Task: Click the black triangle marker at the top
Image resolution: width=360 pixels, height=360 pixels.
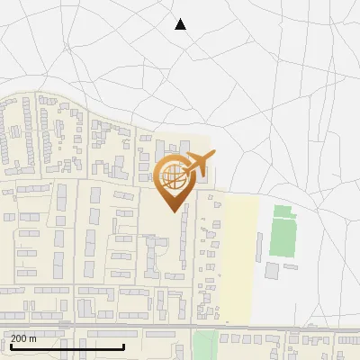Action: click(x=180, y=24)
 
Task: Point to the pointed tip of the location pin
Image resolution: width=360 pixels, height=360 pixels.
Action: click(x=172, y=211)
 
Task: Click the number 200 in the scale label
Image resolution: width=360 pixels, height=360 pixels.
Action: click(x=19, y=338)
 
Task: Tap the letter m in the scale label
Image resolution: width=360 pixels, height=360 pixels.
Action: click(x=33, y=338)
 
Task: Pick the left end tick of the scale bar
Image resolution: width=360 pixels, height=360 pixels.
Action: click(x=10, y=346)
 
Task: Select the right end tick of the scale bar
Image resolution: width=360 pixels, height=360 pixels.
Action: click(x=123, y=346)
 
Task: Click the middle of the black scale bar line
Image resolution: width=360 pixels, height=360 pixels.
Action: click(x=67, y=347)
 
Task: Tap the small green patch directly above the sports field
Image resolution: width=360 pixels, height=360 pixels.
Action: click(x=283, y=212)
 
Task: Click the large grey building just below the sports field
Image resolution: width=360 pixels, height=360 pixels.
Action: click(x=272, y=270)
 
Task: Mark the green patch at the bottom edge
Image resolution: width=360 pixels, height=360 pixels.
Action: click(x=205, y=346)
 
